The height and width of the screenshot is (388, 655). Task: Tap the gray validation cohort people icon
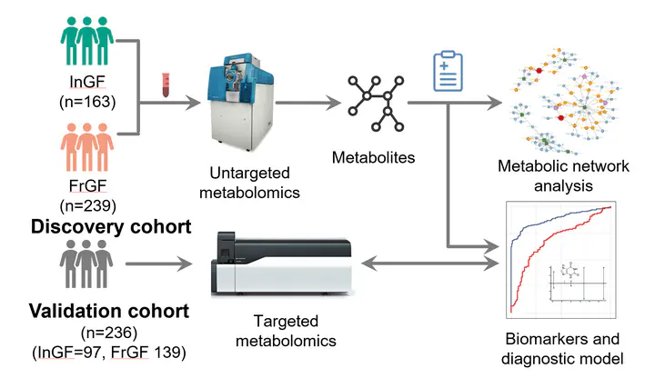(x=87, y=264)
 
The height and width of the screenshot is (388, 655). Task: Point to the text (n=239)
(x=87, y=204)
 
